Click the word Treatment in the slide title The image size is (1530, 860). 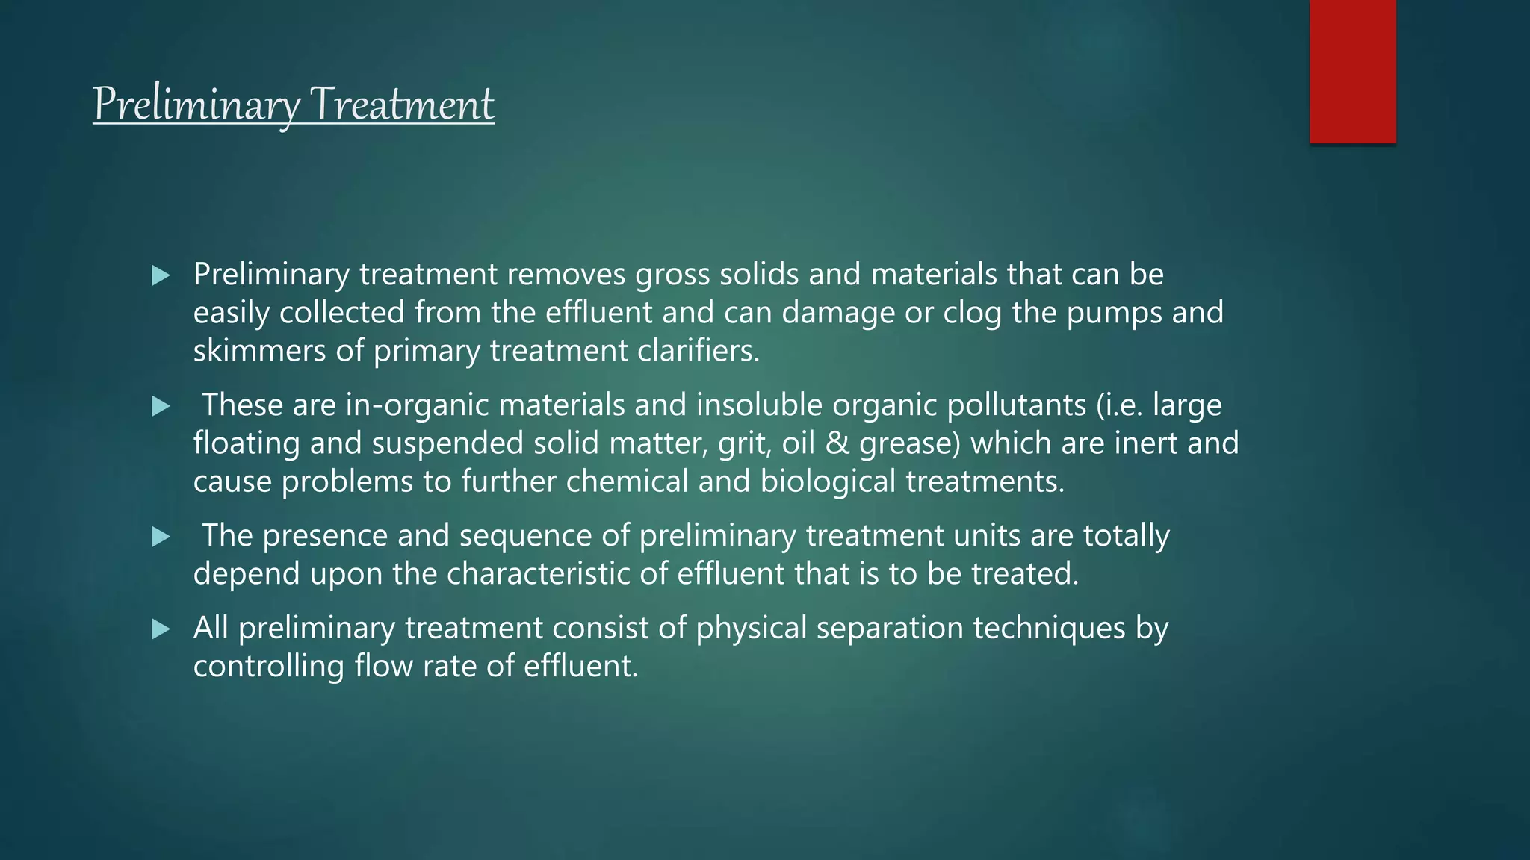tap(401, 104)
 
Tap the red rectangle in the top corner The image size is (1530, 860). tap(1352, 71)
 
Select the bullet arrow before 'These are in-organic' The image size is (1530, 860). tap(161, 406)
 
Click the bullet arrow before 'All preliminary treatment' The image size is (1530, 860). tap(161, 629)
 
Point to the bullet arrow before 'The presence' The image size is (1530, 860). tap(161, 537)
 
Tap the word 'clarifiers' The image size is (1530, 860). tap(698, 351)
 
